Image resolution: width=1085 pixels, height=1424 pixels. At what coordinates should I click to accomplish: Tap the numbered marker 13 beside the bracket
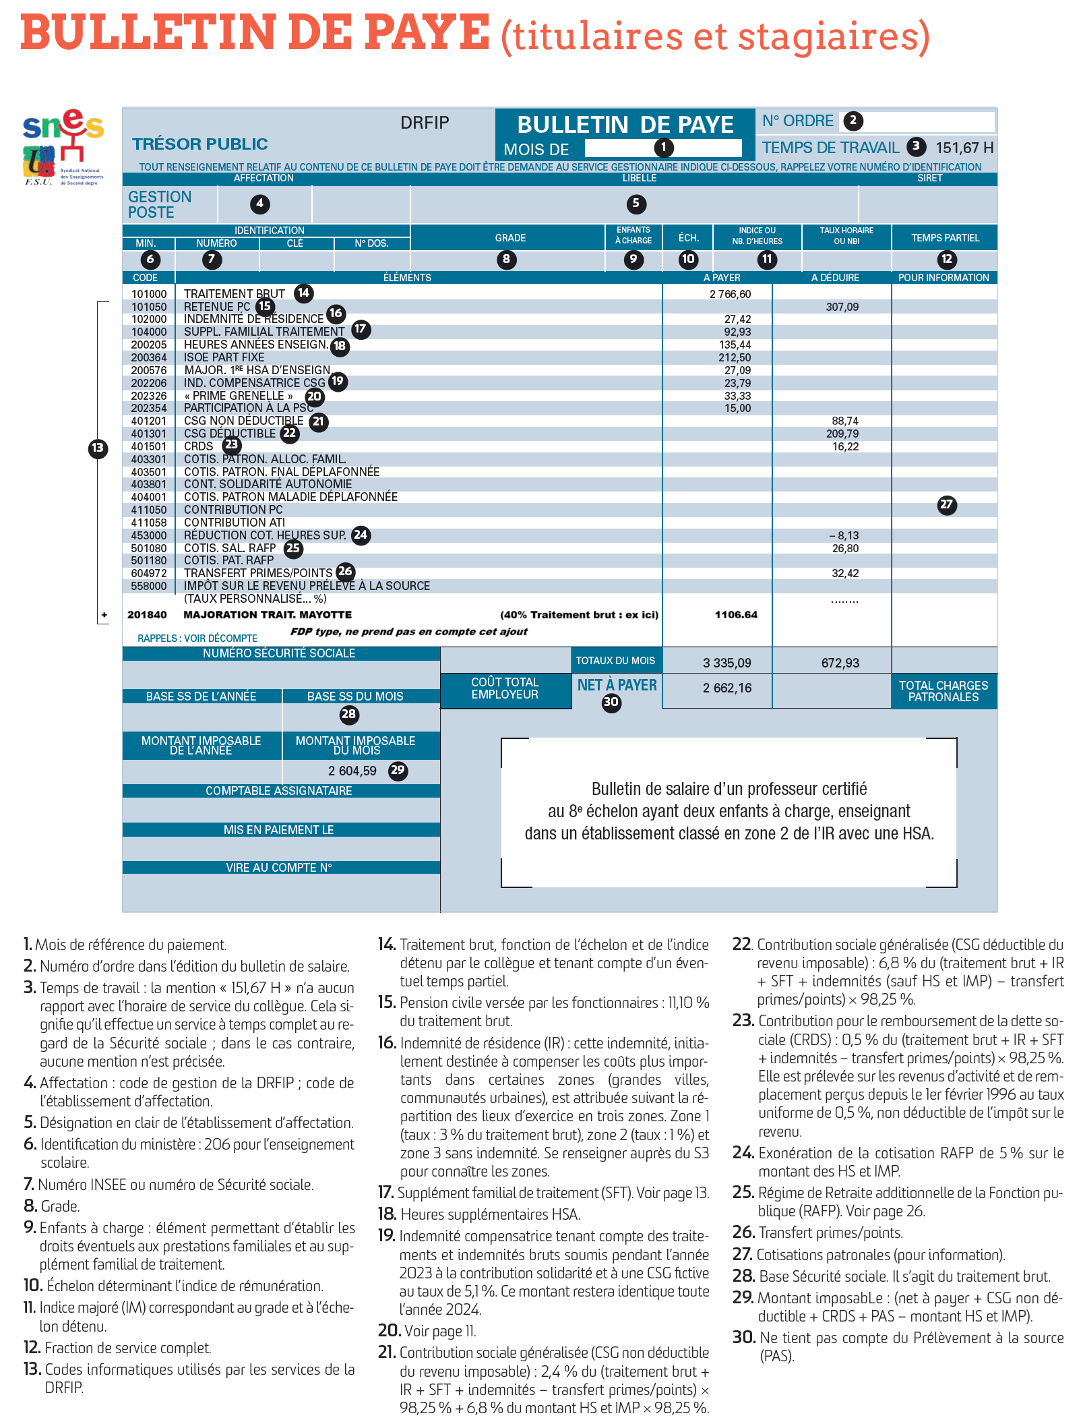[x=98, y=448]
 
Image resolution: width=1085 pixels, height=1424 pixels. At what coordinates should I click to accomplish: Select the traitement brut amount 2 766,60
[x=730, y=294]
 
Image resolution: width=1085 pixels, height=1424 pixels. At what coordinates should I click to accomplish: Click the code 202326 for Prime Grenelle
[x=149, y=396]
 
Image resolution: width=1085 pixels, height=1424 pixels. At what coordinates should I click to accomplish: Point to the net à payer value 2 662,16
[x=727, y=688]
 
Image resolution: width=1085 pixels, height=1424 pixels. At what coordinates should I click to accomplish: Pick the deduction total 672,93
[x=840, y=663]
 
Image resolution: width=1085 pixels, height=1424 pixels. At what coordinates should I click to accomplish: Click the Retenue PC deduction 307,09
[x=842, y=307]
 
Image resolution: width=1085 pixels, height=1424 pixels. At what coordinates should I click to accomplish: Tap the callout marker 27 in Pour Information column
[x=947, y=504]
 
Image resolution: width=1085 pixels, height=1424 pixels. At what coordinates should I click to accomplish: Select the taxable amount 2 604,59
[x=352, y=771]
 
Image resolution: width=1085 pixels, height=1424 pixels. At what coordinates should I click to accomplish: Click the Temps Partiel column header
[x=945, y=238]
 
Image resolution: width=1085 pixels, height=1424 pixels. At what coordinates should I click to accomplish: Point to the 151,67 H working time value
[x=964, y=148]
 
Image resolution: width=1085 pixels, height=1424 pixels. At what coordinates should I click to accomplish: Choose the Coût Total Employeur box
[x=505, y=688]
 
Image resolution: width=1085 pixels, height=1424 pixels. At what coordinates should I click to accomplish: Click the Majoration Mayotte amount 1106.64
[x=736, y=615]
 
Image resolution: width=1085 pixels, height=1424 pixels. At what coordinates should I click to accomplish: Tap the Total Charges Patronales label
[x=943, y=691]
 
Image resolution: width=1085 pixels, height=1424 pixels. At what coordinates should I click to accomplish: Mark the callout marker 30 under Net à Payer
[x=611, y=703]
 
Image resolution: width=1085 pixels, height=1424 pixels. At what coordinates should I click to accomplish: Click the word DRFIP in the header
[x=425, y=123]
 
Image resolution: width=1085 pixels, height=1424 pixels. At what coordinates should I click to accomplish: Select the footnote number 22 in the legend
[x=742, y=945]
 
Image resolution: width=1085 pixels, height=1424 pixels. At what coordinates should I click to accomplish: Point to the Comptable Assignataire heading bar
[x=279, y=791]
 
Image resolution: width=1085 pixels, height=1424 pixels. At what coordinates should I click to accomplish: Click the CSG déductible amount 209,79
[x=842, y=434]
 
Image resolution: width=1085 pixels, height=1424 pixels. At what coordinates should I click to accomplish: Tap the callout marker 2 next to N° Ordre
[x=853, y=121]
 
